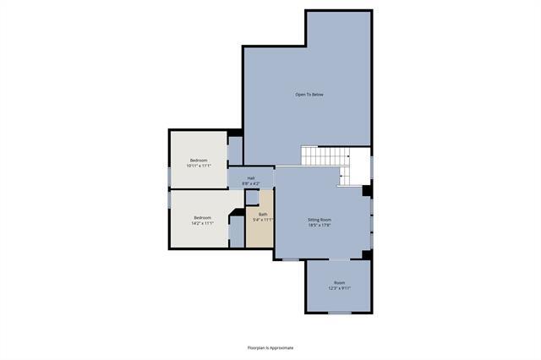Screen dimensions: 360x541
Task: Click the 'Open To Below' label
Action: click(309, 94)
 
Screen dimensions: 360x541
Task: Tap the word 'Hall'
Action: click(251, 177)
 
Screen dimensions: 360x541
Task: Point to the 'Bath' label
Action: click(263, 214)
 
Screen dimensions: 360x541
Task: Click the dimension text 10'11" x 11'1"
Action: click(199, 166)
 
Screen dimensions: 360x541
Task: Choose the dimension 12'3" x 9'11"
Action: click(339, 288)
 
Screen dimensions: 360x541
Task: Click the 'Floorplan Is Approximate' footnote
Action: click(270, 347)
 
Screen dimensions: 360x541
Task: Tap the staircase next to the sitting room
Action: click(325, 156)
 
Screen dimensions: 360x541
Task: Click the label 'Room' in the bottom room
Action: click(339, 282)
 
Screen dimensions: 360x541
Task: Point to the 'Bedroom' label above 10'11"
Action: click(199, 160)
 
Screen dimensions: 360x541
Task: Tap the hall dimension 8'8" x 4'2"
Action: click(251, 183)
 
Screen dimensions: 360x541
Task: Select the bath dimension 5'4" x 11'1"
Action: click(263, 220)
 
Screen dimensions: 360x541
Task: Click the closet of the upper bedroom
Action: click(235, 150)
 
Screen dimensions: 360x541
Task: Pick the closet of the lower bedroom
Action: click(237, 231)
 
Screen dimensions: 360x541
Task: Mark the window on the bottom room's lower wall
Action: click(339, 313)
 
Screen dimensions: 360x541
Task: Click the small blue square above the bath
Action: click(252, 197)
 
